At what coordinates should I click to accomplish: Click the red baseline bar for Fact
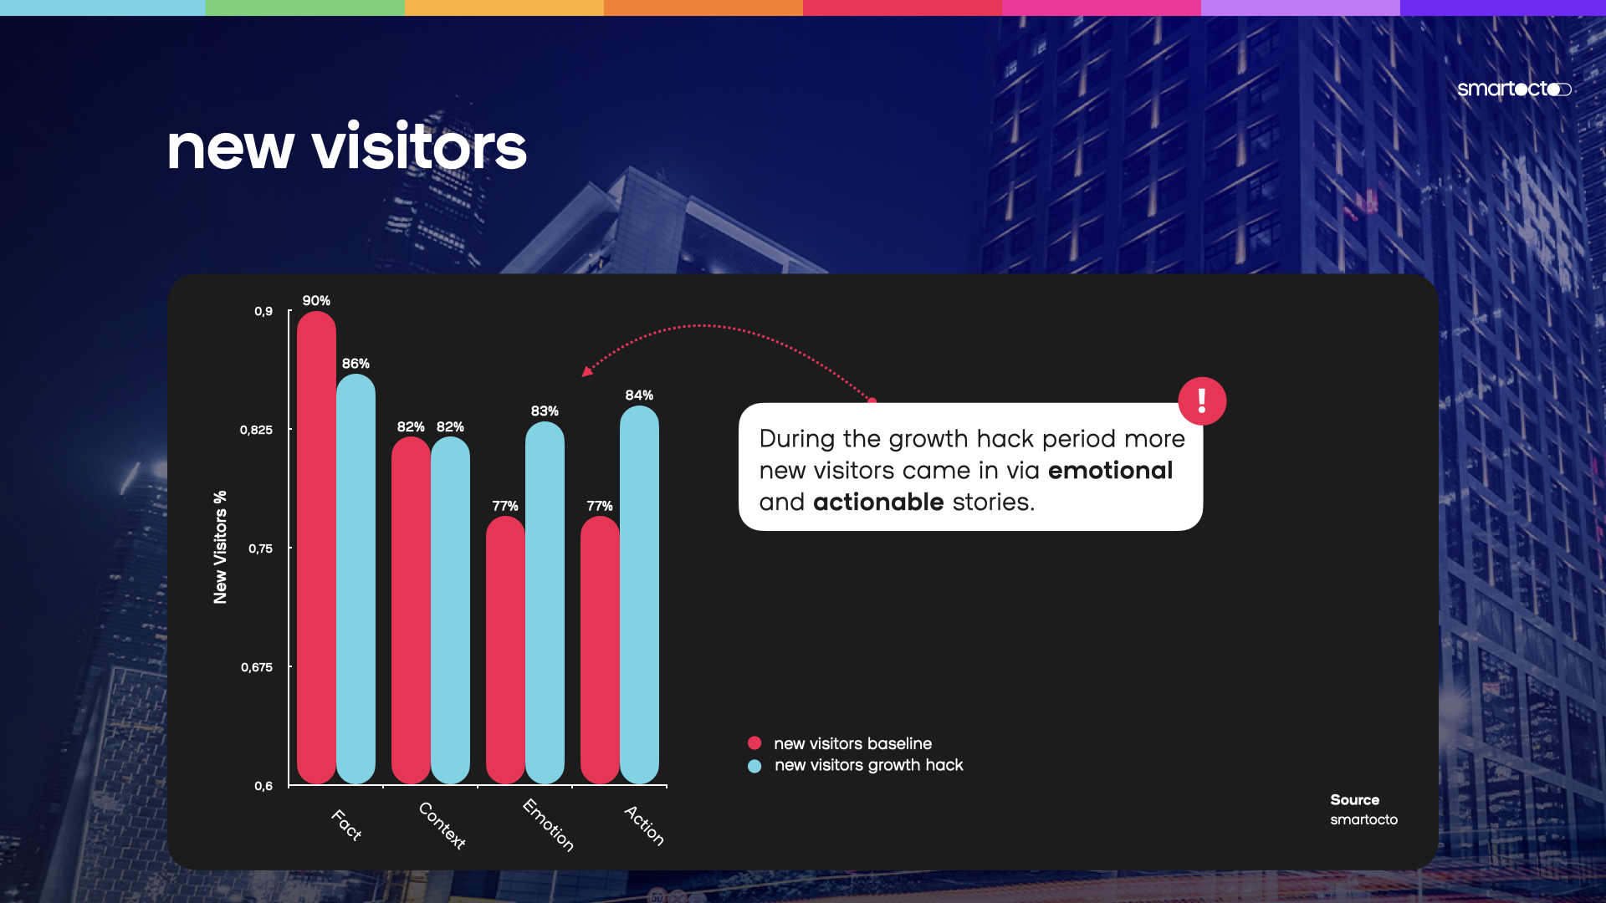[316, 548]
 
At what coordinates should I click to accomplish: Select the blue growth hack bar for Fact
[355, 579]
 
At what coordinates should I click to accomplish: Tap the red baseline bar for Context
[411, 610]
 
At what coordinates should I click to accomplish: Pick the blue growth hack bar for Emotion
[545, 603]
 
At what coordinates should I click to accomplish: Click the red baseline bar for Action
[600, 650]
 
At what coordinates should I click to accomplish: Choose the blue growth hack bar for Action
[639, 594]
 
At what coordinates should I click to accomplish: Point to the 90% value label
[316, 300]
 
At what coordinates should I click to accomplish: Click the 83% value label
[545, 411]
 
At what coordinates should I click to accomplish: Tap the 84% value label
[639, 395]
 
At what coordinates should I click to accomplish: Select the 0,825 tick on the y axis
[256, 430]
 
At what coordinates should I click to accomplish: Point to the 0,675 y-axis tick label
[257, 667]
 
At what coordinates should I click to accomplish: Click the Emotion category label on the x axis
[549, 824]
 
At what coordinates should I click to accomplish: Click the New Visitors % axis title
[220, 547]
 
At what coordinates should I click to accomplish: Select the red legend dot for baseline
[754, 742]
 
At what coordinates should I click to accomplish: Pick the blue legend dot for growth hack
[754, 766]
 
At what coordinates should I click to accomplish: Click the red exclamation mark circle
[1202, 401]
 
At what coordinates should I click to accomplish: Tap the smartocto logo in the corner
[1514, 89]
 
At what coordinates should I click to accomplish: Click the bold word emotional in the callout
[1110, 470]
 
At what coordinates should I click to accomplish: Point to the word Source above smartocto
[1355, 800]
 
